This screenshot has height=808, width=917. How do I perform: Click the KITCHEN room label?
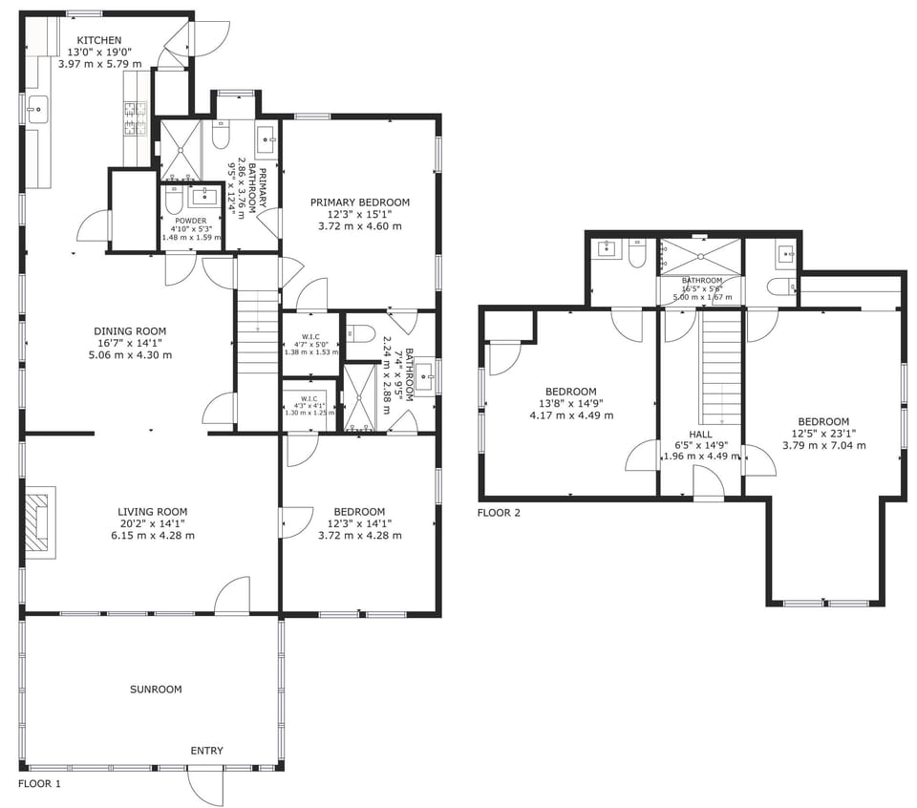[99, 40]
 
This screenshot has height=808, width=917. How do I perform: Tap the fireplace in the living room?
[39, 521]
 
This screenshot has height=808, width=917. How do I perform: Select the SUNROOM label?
[156, 689]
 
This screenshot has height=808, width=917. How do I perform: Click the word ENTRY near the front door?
[206, 751]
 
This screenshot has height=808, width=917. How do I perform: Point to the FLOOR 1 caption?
[39, 783]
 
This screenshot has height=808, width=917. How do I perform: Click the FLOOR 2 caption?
[499, 513]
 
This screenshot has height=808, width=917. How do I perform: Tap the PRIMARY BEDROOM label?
[360, 202]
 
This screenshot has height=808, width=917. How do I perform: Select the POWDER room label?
[190, 221]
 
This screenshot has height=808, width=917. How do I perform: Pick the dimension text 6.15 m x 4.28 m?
[153, 536]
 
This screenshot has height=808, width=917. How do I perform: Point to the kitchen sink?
[37, 110]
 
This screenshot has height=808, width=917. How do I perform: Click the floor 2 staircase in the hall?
[722, 368]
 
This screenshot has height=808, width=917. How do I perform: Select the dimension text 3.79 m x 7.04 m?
[823, 445]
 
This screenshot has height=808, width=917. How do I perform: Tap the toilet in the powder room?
[174, 200]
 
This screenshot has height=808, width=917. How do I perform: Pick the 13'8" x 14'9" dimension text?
[571, 403]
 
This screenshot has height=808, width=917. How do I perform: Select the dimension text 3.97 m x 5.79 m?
[99, 64]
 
